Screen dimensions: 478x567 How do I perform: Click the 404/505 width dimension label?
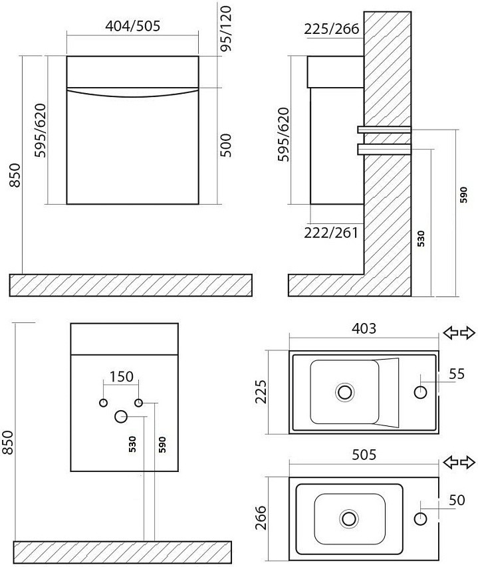click(133, 26)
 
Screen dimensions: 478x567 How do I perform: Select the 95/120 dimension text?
click(225, 28)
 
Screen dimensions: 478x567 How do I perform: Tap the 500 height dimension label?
click(225, 145)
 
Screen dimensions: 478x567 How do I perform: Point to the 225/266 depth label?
click(332, 29)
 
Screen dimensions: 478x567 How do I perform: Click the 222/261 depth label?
click(331, 233)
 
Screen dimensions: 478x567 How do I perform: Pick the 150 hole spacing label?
click(122, 376)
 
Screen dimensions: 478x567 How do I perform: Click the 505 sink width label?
click(364, 455)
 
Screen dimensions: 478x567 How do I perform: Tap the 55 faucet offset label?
click(457, 374)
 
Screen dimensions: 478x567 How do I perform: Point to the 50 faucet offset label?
click(457, 500)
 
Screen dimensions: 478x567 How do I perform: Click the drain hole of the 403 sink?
click(344, 392)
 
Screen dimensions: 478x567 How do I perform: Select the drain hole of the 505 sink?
click(349, 518)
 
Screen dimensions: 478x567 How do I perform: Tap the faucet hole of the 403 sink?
click(420, 392)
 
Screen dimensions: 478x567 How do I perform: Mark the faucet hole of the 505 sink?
click(420, 518)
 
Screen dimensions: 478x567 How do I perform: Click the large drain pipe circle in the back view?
click(121, 417)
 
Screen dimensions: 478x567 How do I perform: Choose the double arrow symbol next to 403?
click(459, 332)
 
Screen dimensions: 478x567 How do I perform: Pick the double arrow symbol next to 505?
click(459, 462)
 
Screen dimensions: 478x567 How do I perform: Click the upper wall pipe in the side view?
click(384, 130)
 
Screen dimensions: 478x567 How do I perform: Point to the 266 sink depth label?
click(261, 517)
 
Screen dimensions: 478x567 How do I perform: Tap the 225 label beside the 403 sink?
click(261, 392)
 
